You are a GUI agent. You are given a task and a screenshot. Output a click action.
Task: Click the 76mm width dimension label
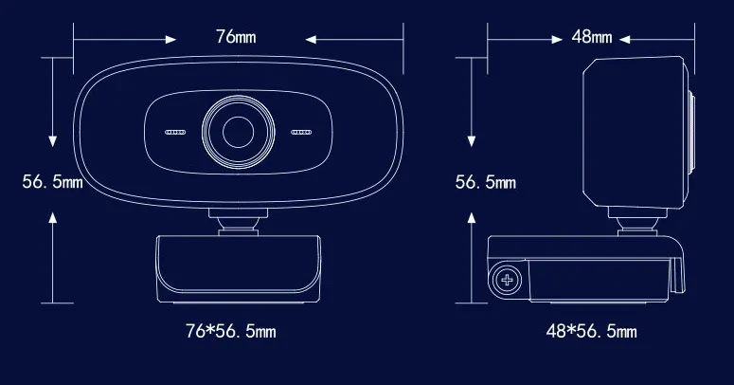click(x=236, y=37)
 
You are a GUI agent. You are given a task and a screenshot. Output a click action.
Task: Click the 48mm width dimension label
click(x=592, y=37)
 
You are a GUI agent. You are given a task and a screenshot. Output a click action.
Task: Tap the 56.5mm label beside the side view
click(x=486, y=181)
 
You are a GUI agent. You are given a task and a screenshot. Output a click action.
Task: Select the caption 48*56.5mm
click(x=592, y=331)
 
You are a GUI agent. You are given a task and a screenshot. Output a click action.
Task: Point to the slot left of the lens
click(x=176, y=133)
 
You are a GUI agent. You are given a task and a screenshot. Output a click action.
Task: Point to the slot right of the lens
click(x=300, y=133)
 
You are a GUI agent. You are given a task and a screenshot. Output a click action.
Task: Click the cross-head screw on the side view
click(x=509, y=280)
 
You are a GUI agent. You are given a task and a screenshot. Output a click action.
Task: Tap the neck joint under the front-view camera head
click(x=238, y=223)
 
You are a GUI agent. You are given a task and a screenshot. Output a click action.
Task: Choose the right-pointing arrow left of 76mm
click(x=123, y=39)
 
